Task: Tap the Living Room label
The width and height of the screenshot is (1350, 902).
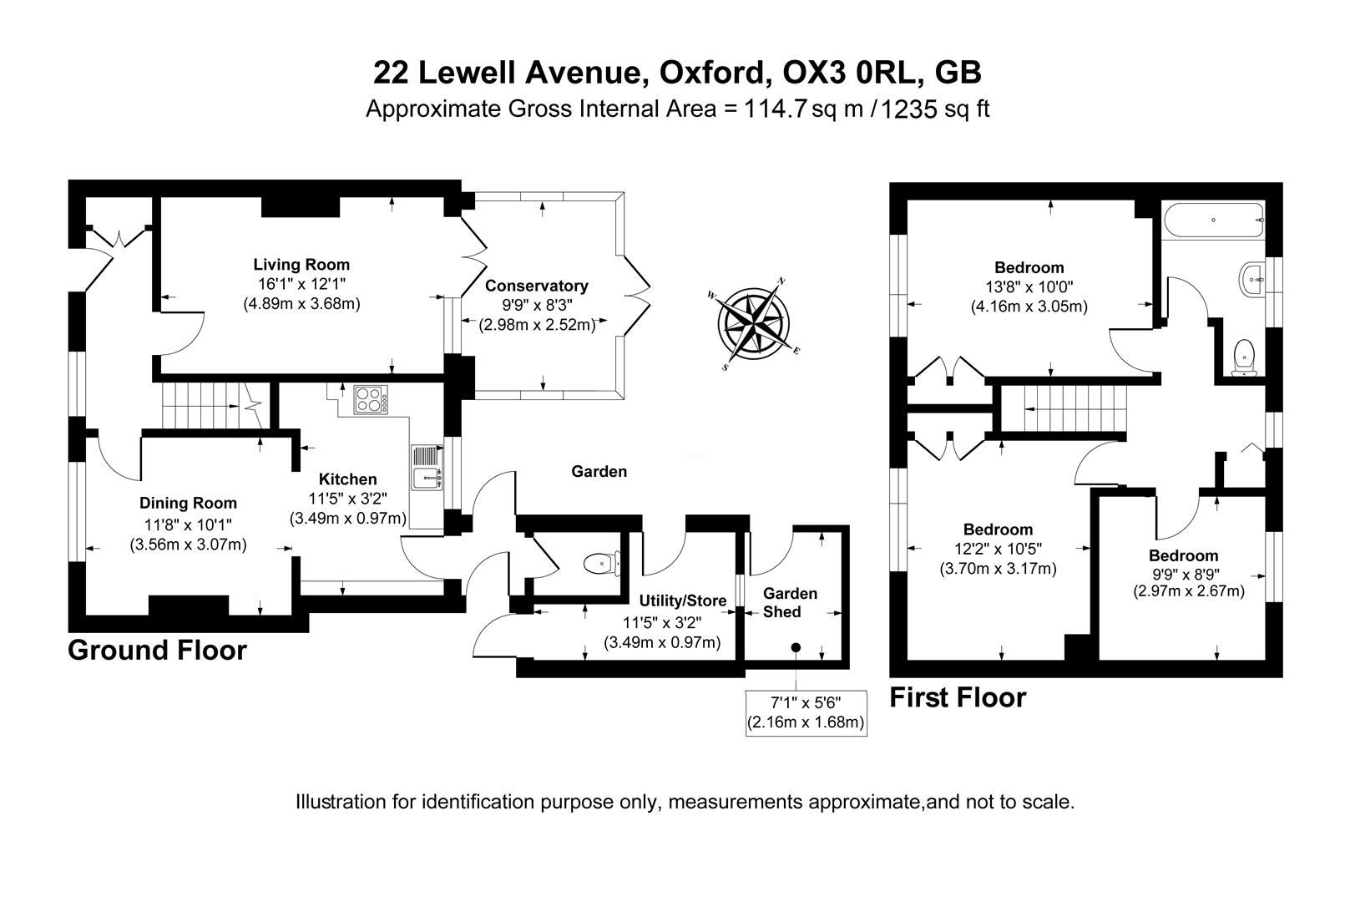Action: point(301,266)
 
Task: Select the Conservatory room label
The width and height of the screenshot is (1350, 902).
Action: point(537,286)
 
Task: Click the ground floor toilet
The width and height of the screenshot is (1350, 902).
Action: point(602,563)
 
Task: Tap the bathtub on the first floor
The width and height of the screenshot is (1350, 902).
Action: point(1212,220)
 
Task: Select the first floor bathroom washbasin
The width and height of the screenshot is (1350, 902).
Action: point(1254,278)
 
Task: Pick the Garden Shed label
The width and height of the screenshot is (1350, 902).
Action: point(790,602)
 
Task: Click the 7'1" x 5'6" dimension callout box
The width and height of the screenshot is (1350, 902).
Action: point(805,712)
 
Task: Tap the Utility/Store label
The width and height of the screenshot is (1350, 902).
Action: point(682,600)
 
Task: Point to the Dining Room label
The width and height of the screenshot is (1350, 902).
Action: point(188,503)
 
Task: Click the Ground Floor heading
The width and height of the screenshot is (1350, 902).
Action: point(157,650)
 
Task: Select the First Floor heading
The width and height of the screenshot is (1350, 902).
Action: point(957,697)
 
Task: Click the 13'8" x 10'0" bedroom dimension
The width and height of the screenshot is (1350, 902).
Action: point(1029,287)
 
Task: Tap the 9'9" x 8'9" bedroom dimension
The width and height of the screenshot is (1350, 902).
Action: point(1183,574)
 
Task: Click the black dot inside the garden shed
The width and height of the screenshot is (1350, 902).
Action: point(796,647)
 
